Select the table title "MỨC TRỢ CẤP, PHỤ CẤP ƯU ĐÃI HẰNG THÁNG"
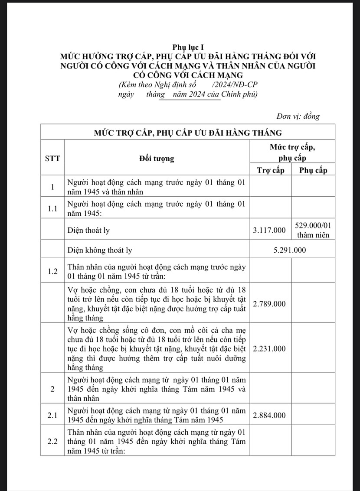[x=188, y=132]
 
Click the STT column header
[x=52, y=158]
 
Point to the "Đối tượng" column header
[x=157, y=158]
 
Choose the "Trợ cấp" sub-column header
[x=271, y=170]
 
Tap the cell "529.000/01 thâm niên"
[x=313, y=230]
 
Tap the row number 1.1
[x=52, y=208]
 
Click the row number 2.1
[x=52, y=415]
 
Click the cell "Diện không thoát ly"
[x=100, y=250]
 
